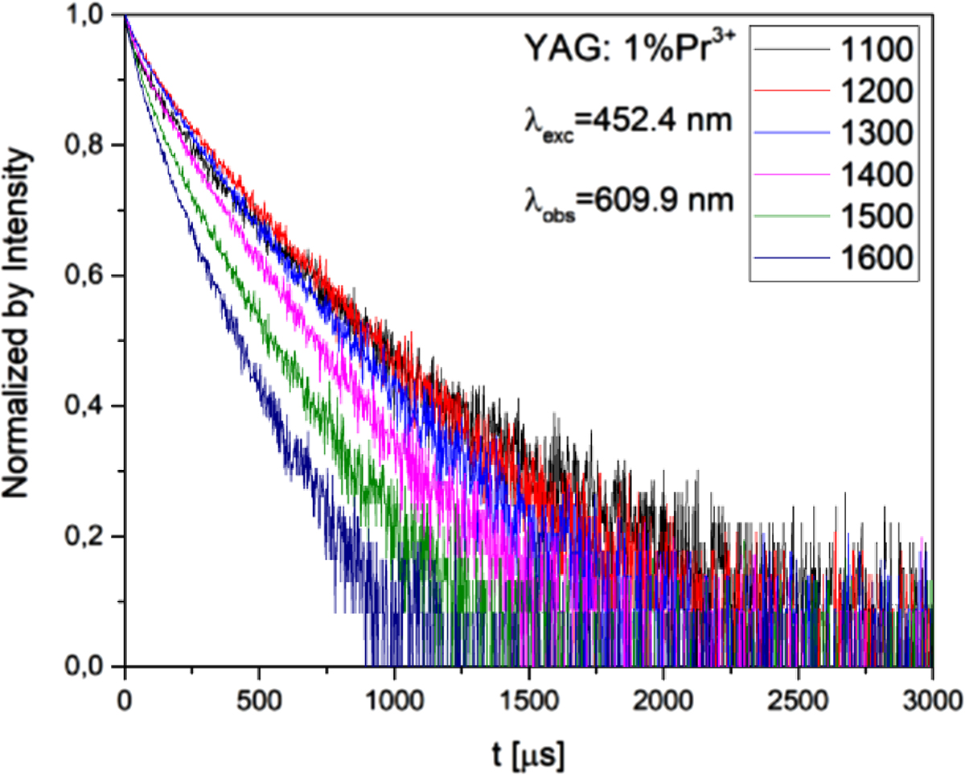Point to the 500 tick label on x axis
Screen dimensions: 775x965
[259, 697]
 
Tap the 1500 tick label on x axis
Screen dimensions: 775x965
[528, 697]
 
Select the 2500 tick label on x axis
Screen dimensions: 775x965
[797, 697]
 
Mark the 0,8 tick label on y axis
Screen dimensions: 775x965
[87, 146]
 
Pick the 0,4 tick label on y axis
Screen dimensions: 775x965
[87, 406]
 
